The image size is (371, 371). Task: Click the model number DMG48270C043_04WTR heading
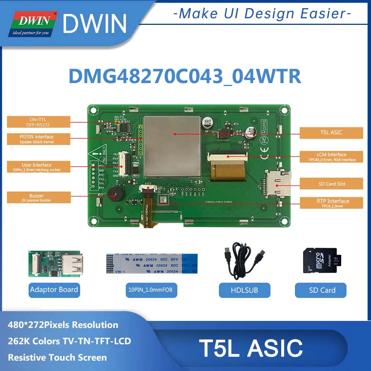(184, 77)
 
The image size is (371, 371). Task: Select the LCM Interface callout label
(331, 157)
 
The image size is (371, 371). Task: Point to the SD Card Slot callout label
(331, 184)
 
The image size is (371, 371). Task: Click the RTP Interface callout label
(331, 203)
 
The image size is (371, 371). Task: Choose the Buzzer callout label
(36, 197)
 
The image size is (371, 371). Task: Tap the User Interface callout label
(36, 167)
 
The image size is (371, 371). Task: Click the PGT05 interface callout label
(36, 139)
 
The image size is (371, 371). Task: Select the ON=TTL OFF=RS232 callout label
(36, 122)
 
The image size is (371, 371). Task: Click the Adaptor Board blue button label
(54, 290)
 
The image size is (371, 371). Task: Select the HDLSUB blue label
(244, 290)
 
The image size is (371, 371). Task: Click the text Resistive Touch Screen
(58, 358)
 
